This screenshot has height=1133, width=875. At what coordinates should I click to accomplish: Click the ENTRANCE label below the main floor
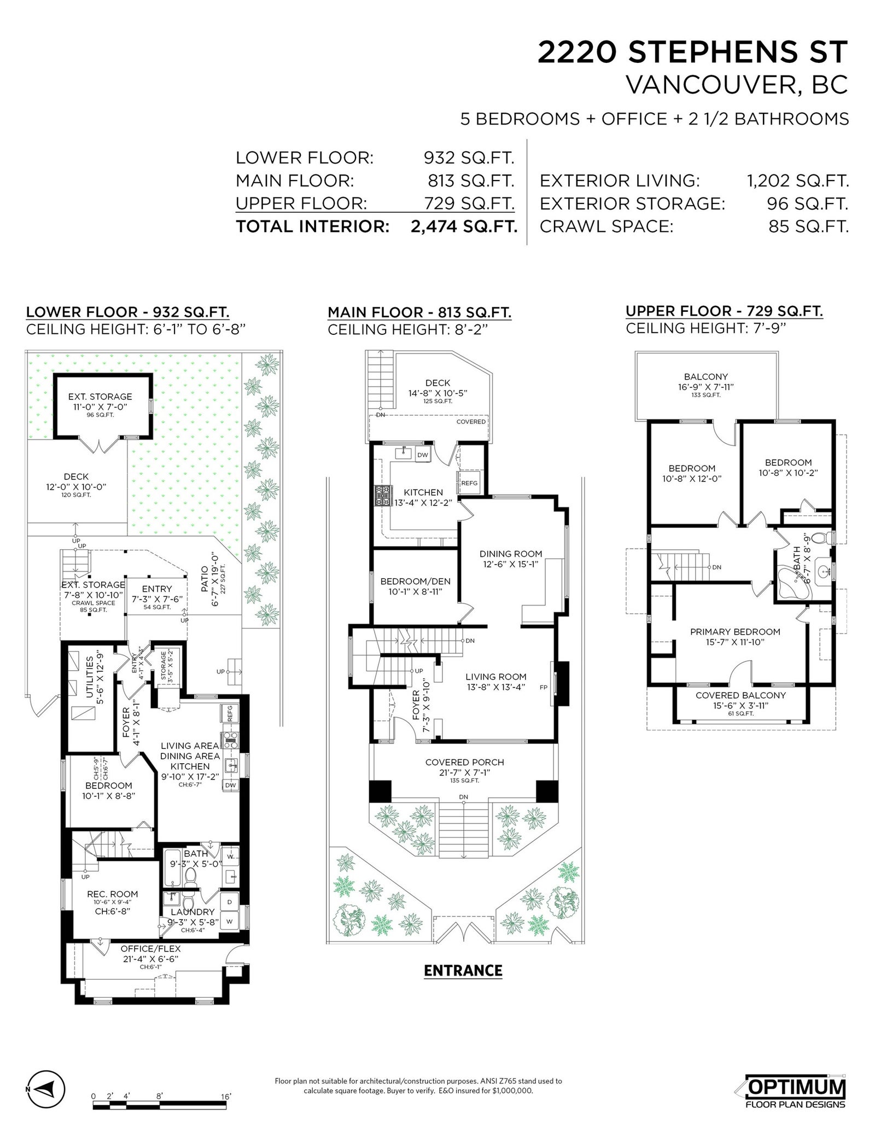point(463,971)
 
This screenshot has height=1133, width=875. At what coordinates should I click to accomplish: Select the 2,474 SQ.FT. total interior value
point(464,226)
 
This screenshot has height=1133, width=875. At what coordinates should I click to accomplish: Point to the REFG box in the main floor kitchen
point(469,483)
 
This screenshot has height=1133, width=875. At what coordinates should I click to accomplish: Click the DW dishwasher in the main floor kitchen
point(423,455)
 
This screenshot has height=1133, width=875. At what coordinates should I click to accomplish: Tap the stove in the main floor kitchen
point(381,496)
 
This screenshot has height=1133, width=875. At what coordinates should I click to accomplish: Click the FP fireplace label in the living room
point(543,687)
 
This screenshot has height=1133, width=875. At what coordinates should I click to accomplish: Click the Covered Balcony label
point(740,695)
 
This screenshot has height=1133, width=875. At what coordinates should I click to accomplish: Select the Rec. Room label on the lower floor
point(113,894)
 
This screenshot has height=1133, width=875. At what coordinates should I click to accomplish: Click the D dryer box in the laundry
point(229,902)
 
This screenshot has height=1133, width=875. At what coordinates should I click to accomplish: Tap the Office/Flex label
point(150,949)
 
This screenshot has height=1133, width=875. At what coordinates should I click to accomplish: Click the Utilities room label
point(89,679)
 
